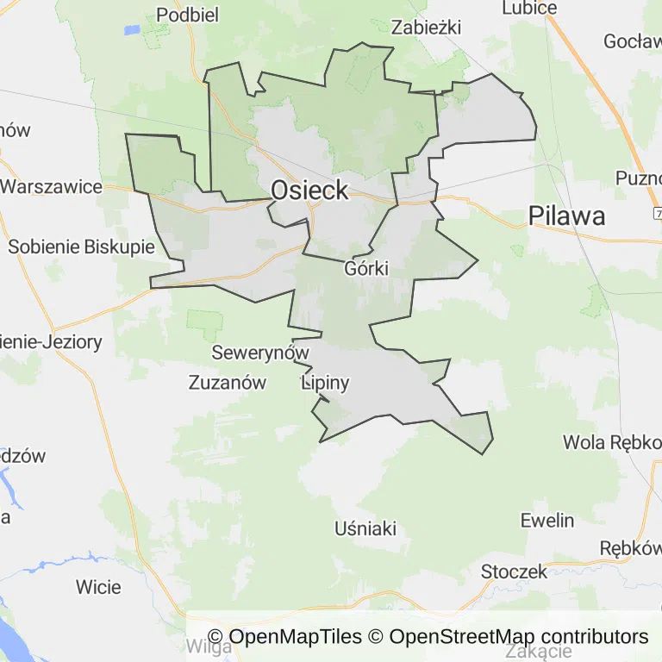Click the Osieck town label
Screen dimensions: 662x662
point(310,190)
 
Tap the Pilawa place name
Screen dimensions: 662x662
point(567,215)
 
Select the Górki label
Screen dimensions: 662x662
point(366,268)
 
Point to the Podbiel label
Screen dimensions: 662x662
point(188,15)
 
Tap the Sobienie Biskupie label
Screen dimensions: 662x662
point(81,247)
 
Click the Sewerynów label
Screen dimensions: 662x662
point(260,353)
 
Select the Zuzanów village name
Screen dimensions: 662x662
point(228,384)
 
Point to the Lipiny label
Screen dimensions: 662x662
point(325,384)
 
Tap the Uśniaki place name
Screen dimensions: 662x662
point(365,528)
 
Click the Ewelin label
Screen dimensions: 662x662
point(547,520)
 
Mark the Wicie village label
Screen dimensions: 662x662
point(98,587)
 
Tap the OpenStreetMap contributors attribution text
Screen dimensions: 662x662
point(518,637)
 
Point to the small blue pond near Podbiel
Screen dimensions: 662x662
point(131,29)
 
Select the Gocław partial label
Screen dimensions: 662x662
point(632,41)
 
